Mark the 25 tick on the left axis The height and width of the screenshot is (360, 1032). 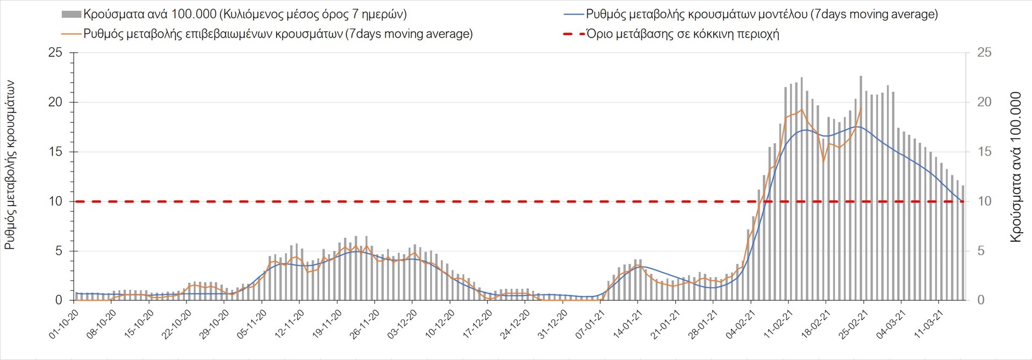(x=55, y=53)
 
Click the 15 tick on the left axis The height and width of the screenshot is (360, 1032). (x=55, y=152)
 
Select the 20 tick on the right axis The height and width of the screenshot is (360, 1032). (x=984, y=102)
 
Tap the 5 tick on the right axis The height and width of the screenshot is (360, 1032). (x=980, y=251)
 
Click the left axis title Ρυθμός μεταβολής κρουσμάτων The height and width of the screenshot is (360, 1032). (x=10, y=165)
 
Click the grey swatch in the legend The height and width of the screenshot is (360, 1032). (x=71, y=15)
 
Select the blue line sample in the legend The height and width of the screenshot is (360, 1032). (x=573, y=15)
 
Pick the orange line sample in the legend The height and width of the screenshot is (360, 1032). (x=71, y=34)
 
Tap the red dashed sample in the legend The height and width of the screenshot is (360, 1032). (x=573, y=34)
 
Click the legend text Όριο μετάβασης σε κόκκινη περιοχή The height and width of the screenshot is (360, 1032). (x=683, y=34)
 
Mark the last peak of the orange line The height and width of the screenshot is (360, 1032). (x=861, y=107)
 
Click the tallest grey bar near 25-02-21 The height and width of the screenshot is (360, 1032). (x=861, y=77)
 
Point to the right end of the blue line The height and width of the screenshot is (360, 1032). (x=962, y=201)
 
